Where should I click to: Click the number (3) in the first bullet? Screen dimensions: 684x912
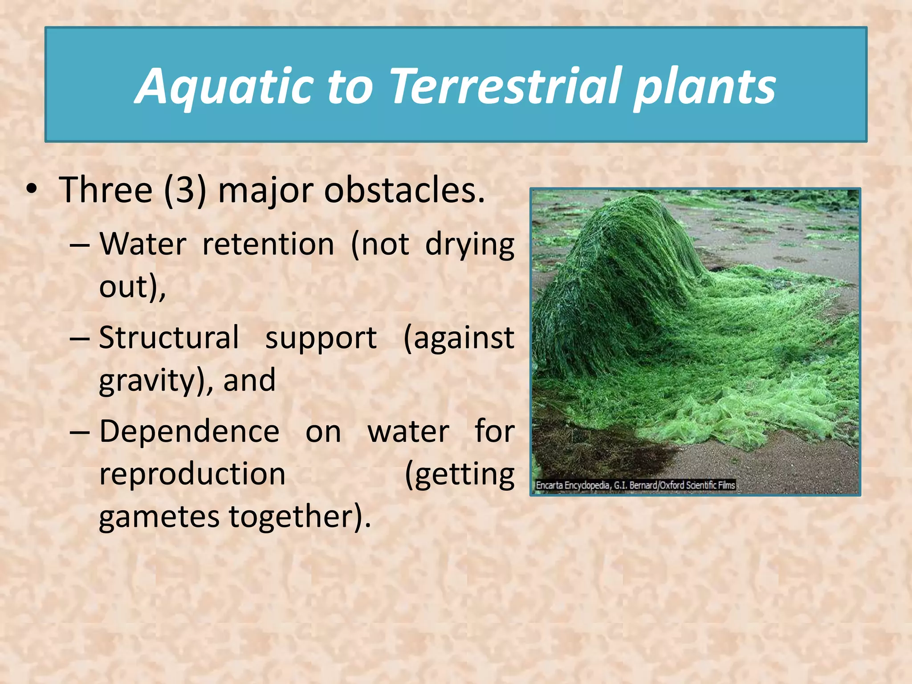coord(185,190)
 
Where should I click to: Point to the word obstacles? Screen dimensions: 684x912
coord(404,190)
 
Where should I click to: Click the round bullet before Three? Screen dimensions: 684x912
coord(31,189)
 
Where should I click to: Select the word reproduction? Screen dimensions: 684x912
coord(192,474)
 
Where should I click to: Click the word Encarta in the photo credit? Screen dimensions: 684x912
coord(549,485)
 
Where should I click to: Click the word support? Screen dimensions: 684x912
coord(321,338)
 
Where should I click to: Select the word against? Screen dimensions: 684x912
coord(459,338)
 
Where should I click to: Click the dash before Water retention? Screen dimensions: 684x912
coord(80,245)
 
